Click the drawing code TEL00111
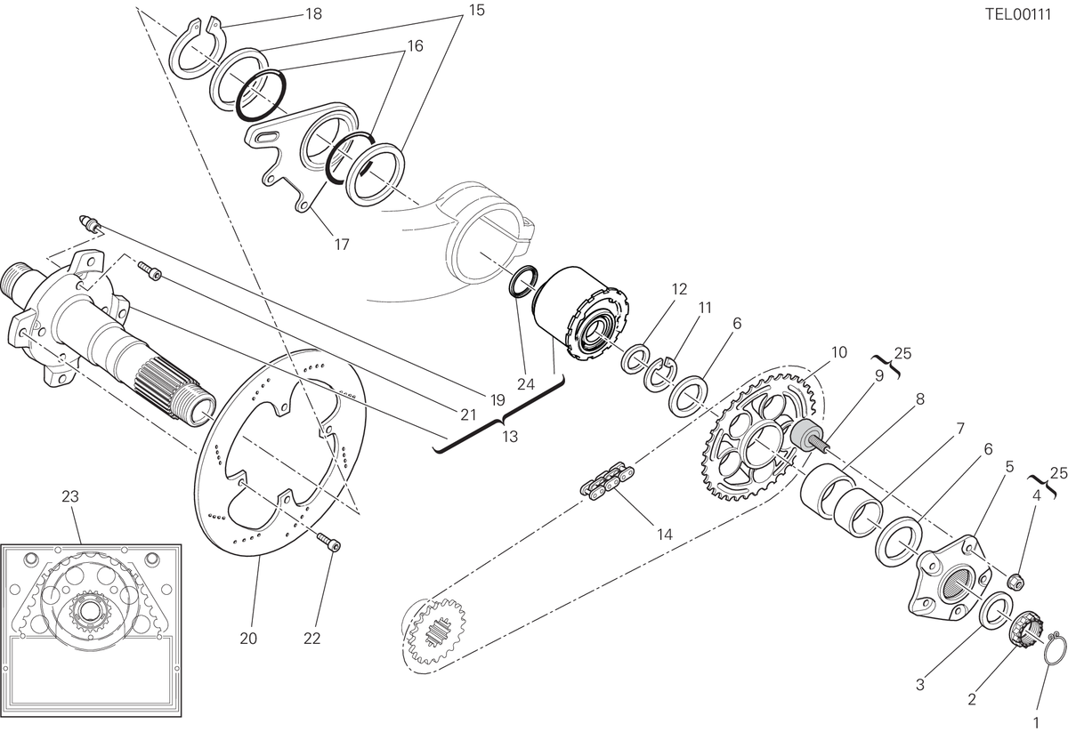1018,15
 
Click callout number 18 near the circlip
313,14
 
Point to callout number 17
342,245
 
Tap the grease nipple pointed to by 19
90,224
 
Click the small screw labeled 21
150,269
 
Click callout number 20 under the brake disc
248,639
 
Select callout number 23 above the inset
70,496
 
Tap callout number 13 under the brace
510,436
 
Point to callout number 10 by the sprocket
839,352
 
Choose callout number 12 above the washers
679,289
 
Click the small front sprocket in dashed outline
437,631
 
